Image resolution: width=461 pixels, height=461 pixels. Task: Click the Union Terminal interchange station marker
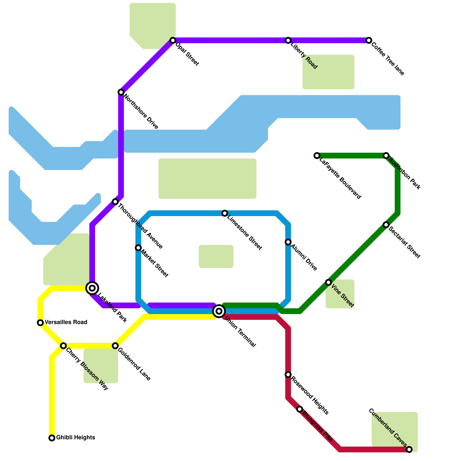click(219, 311)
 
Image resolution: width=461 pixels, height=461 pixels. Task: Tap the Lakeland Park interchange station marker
click(92, 288)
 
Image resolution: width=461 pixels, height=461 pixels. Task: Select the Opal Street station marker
click(173, 40)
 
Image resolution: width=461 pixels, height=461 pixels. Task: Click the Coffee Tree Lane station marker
click(369, 40)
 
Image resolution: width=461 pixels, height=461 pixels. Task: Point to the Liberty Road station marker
click(288, 40)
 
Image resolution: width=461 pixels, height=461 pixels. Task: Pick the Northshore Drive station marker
click(121, 92)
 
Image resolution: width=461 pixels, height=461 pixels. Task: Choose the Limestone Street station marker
click(225, 213)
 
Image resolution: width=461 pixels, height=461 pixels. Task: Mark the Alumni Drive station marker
click(288, 242)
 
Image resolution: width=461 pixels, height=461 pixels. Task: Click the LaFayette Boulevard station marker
click(317, 156)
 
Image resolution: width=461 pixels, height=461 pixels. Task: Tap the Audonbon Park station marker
click(386, 156)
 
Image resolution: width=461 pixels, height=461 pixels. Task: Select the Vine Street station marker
click(328, 282)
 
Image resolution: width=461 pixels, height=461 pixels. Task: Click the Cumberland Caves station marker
click(409, 449)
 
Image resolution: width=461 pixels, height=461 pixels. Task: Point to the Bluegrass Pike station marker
click(300, 409)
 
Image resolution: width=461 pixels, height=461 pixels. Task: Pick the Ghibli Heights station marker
click(52, 438)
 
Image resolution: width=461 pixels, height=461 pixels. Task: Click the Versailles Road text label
click(66, 322)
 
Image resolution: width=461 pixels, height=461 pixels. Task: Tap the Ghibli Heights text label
click(75, 437)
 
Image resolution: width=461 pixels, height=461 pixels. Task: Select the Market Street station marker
click(138, 248)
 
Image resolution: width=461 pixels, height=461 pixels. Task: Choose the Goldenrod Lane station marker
click(115, 346)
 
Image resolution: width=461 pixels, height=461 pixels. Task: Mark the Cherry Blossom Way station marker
click(63, 346)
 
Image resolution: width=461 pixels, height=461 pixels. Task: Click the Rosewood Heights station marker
click(288, 375)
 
